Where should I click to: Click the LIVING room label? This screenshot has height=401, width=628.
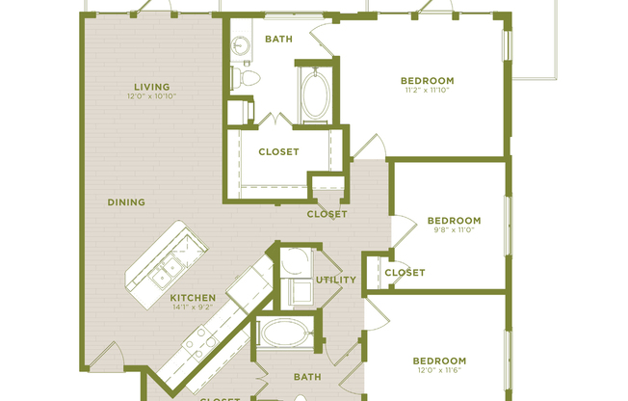tap(151, 85)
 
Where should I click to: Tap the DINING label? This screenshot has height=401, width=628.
tap(126, 202)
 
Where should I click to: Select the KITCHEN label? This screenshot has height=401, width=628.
tap(192, 298)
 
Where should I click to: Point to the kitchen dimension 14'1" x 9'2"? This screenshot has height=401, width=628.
tap(192, 308)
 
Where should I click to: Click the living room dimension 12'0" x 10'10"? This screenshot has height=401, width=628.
tap(151, 96)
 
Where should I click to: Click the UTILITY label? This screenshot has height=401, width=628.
tap(336, 281)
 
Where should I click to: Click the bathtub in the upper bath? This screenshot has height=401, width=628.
tap(315, 94)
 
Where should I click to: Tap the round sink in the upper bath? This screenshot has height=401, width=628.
tap(238, 45)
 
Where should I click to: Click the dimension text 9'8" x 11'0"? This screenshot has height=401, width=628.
tap(454, 230)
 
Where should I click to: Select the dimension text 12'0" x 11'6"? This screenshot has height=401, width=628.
tap(439, 371)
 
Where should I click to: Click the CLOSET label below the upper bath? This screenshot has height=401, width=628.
tap(278, 151)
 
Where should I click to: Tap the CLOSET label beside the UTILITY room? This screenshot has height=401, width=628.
tap(405, 273)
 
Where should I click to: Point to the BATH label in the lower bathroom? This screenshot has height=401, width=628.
tap(307, 377)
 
